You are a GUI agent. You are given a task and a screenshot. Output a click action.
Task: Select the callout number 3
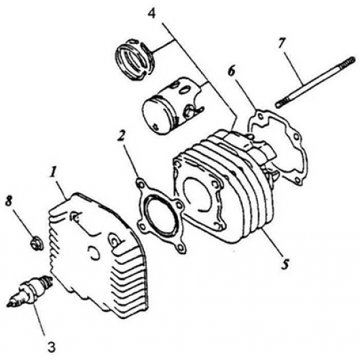pyautogui.click(x=50, y=346)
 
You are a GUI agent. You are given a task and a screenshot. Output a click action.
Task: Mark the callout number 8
pyautogui.click(x=9, y=201)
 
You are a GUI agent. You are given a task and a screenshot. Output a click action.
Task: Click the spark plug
pyautogui.click(x=30, y=291)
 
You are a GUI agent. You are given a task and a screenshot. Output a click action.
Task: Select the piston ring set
pyautogui.click(x=135, y=59)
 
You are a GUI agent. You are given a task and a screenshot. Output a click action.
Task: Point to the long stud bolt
pyautogui.click(x=315, y=82)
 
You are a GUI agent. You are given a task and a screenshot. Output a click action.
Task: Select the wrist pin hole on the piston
pyautogui.click(x=189, y=110)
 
